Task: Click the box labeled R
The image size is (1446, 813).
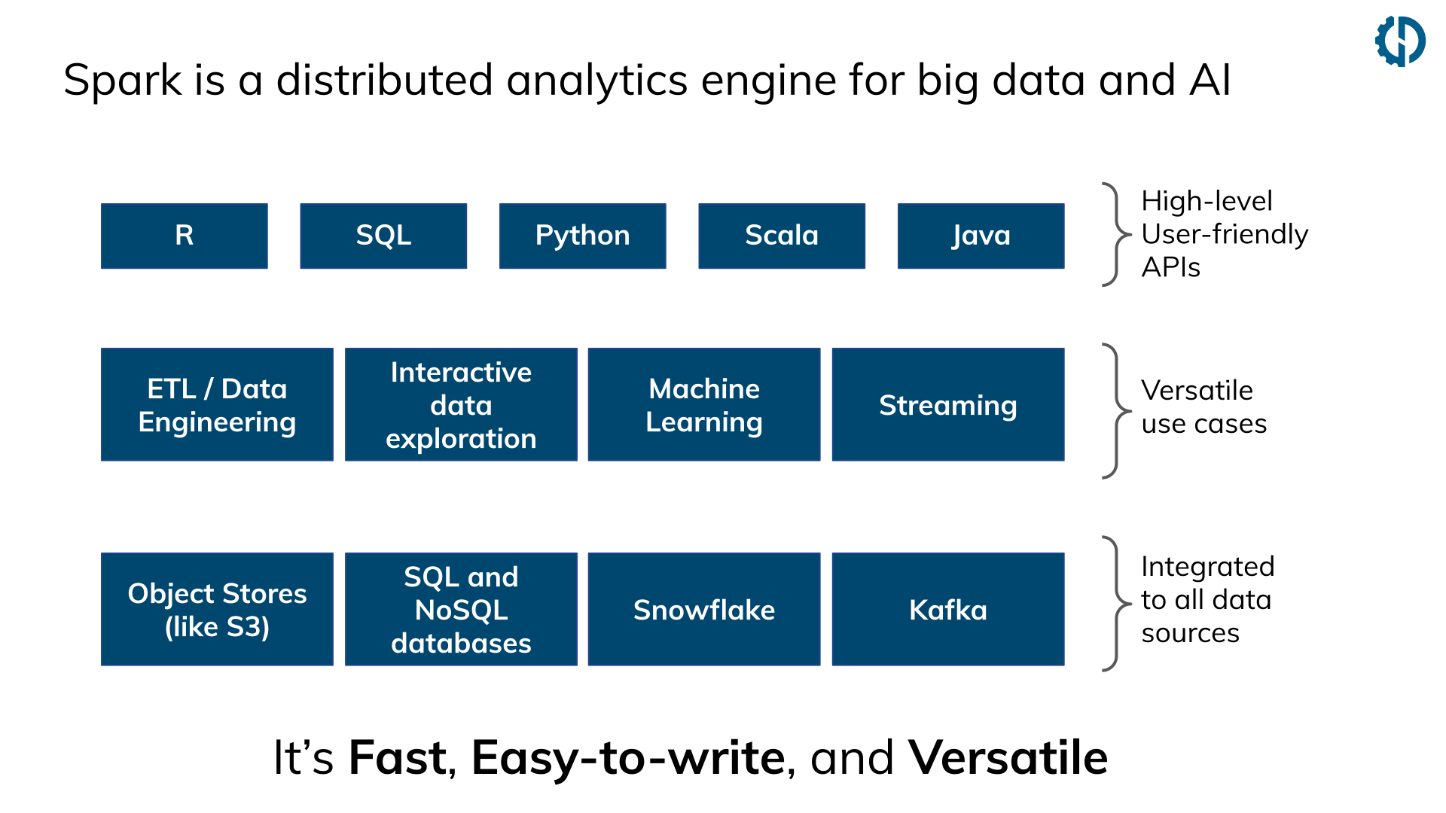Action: [184, 236]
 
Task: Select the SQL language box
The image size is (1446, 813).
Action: [383, 236]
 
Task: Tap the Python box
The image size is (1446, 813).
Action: [582, 236]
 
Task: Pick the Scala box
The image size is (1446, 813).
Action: [781, 236]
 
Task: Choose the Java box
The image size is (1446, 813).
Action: [981, 236]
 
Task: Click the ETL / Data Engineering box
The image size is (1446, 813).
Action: [217, 404]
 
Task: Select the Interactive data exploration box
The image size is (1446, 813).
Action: [461, 404]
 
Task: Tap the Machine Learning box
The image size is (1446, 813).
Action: [703, 404]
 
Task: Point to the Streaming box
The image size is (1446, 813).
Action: [947, 404]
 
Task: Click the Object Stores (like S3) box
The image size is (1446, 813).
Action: [217, 609]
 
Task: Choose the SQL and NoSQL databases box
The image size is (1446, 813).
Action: [461, 609]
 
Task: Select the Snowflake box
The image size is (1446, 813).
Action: [703, 609]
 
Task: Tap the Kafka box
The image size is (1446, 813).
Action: [947, 609]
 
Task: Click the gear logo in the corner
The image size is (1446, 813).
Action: [1399, 41]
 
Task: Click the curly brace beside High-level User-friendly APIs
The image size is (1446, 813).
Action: [1116, 235]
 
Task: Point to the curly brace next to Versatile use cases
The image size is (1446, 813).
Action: [1116, 411]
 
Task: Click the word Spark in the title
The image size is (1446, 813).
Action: [123, 81]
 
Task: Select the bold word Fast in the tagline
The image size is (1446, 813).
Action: [398, 757]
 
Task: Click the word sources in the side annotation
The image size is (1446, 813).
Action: [1190, 633]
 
